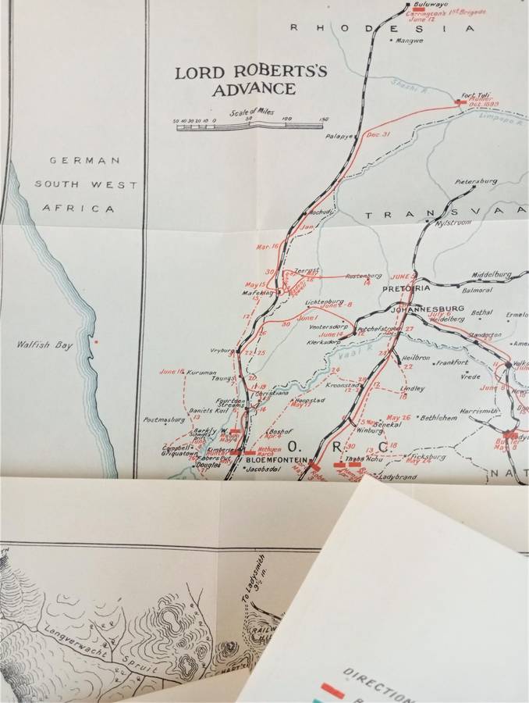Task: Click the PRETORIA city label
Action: pyautogui.click(x=402, y=288)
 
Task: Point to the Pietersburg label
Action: pyautogui.click(x=476, y=180)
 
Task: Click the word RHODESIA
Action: pyautogui.click(x=382, y=28)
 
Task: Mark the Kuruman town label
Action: pyautogui.click(x=201, y=373)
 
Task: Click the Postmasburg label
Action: pyautogui.click(x=164, y=419)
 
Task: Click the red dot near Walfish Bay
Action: pyautogui.click(x=96, y=341)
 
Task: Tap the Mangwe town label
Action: pyautogui.click(x=410, y=41)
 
